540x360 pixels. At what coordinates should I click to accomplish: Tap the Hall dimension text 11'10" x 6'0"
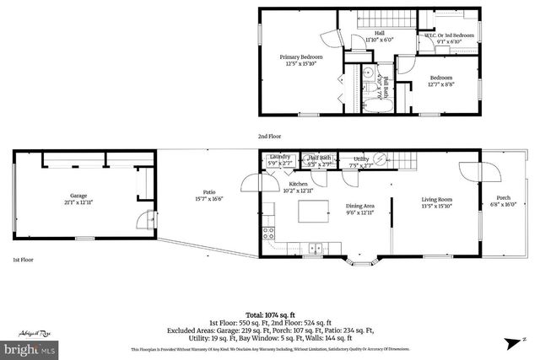coord(380,40)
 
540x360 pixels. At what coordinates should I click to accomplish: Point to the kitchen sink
coord(315,248)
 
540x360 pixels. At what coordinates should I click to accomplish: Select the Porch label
coord(505,198)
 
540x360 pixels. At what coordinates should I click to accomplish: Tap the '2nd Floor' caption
coord(270,136)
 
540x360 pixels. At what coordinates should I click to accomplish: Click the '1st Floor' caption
coord(23,261)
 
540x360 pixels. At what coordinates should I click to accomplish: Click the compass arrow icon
coord(510,341)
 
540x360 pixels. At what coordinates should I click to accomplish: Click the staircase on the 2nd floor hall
coord(384,19)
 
